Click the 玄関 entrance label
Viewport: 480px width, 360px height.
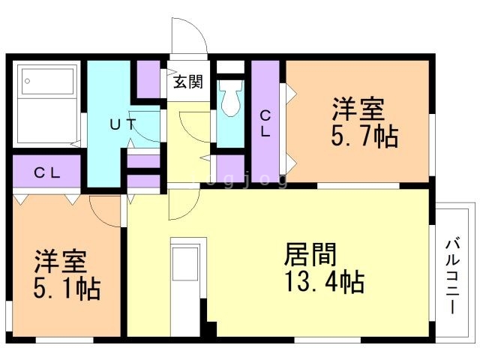click(x=188, y=82)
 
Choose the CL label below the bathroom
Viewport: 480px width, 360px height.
click(x=46, y=172)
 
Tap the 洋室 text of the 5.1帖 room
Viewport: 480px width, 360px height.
click(x=60, y=261)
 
